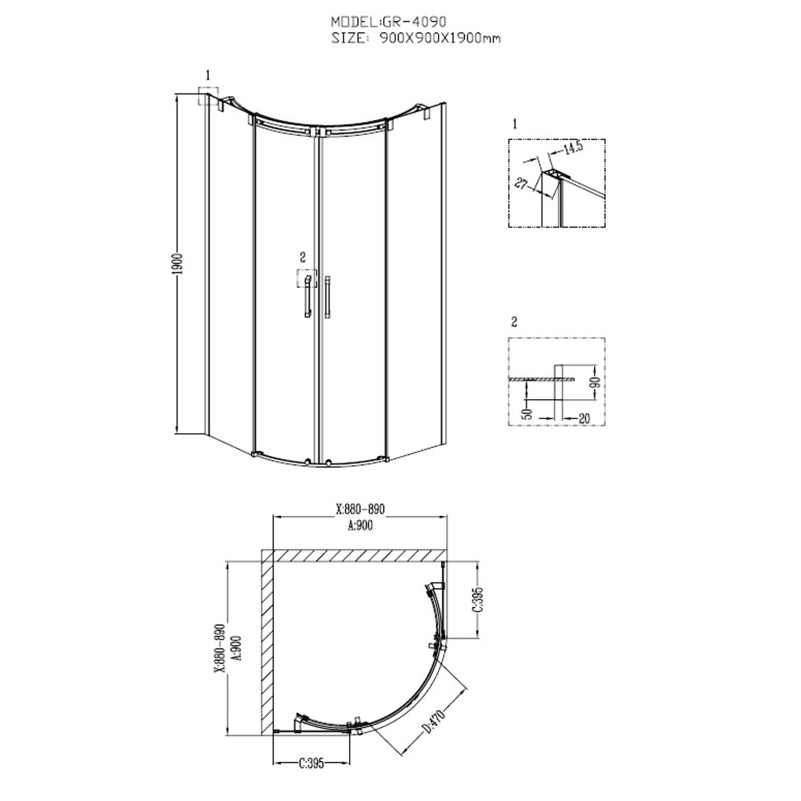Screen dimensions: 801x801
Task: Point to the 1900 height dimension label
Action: pyautogui.click(x=178, y=264)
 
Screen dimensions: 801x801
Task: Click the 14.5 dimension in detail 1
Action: pyautogui.click(x=573, y=148)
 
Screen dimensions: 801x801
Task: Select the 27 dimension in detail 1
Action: pyautogui.click(x=521, y=183)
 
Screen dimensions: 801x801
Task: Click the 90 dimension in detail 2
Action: pyautogui.click(x=596, y=382)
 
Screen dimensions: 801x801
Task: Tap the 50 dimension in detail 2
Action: pyautogui.click(x=527, y=414)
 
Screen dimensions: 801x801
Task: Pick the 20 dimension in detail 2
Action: pyautogui.click(x=584, y=418)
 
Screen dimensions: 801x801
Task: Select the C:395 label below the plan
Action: pyautogui.click(x=311, y=763)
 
